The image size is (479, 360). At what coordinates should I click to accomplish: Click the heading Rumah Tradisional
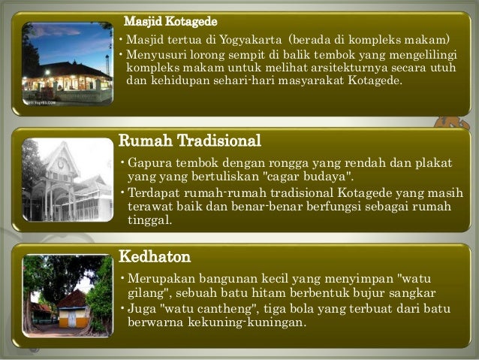point(191,141)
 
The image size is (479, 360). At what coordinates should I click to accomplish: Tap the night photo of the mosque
point(68,63)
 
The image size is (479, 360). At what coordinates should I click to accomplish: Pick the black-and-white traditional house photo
point(68,180)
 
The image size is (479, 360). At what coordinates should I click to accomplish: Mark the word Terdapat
point(155,192)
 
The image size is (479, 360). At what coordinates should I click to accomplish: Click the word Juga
point(141,309)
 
